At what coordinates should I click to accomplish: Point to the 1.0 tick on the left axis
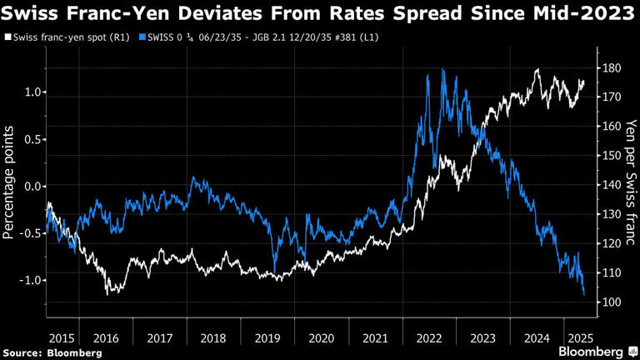(30, 92)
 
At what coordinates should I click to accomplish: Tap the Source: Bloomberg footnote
(52, 352)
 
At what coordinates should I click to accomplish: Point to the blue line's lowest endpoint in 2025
(584, 294)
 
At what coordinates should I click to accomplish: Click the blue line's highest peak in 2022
(442, 69)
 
